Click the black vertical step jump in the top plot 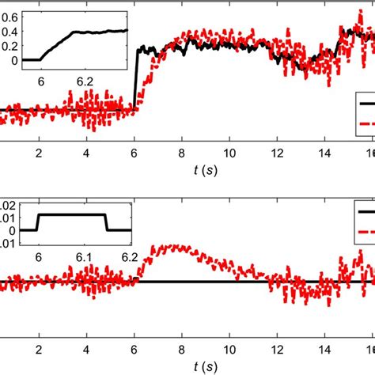pos(136,79)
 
